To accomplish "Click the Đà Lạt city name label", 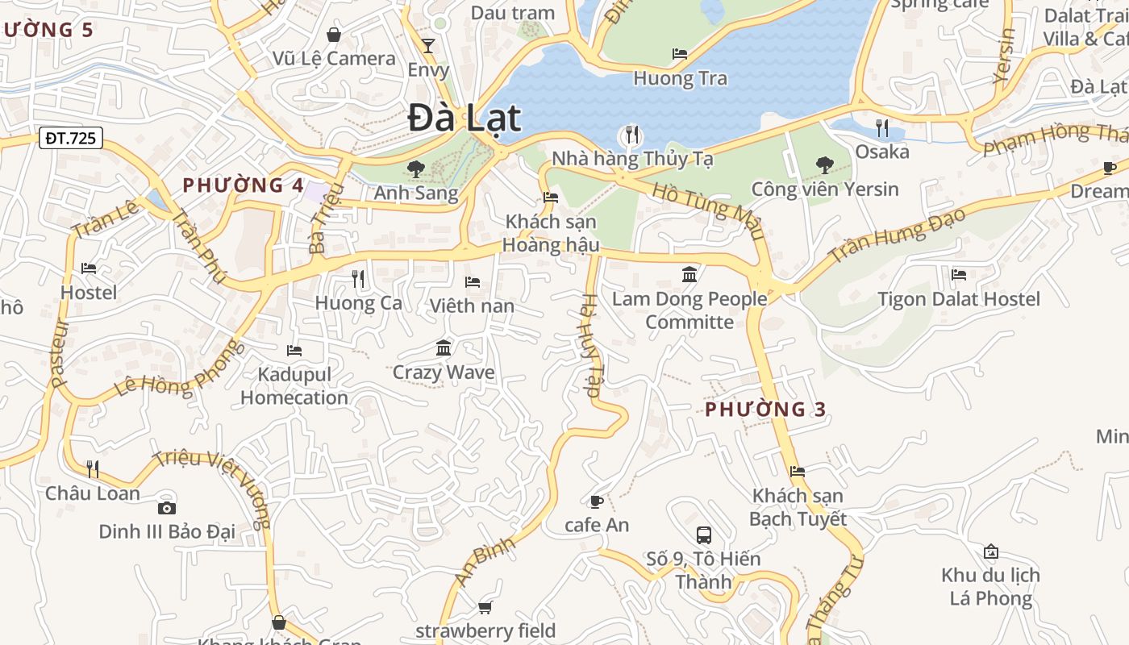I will tap(465, 118).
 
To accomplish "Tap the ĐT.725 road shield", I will tap(70, 138).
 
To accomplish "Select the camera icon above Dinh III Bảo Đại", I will tap(167, 507).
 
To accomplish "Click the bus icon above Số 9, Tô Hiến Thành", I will tap(704, 535).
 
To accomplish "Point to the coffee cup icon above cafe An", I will tap(596, 501).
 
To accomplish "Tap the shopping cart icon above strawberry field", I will tap(485, 607).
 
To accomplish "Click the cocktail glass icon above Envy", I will tap(428, 45).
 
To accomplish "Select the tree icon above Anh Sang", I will tap(416, 169).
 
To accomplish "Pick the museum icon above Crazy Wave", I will tap(444, 348).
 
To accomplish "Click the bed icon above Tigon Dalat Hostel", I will tap(959, 275).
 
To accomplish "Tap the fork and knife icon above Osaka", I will tap(882, 127).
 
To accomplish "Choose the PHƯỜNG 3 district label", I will tap(765, 410).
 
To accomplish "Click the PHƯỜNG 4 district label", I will tap(243, 185).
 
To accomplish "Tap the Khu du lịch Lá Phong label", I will tap(990, 587).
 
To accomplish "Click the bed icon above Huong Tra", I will tap(680, 54).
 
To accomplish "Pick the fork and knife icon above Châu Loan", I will tap(93, 468).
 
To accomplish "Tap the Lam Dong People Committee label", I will tap(689, 310).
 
